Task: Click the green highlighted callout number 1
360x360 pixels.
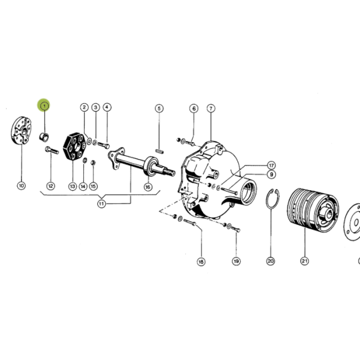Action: coord(44,106)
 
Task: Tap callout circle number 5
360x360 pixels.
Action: coord(160,109)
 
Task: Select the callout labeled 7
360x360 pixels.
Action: coord(211,109)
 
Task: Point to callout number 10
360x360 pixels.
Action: coord(22,185)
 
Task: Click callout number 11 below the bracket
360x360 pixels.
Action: coord(101,204)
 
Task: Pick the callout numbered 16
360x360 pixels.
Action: coord(148,187)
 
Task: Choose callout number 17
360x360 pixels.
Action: coord(271,166)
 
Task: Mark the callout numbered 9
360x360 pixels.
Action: coord(271,175)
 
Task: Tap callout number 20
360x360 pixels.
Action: coord(271,261)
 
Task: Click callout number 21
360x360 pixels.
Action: coord(304,261)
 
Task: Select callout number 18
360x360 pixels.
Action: coord(201,262)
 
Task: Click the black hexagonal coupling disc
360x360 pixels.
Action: coord(74,146)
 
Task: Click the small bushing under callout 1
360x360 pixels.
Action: coord(44,137)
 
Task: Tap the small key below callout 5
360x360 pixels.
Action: coord(160,151)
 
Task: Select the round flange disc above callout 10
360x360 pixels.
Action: coord(21,130)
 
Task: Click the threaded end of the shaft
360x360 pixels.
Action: coord(170,172)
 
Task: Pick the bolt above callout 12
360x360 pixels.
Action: coord(52,150)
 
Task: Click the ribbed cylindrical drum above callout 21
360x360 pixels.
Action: coord(312,211)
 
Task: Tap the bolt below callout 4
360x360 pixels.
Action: coord(104,145)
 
